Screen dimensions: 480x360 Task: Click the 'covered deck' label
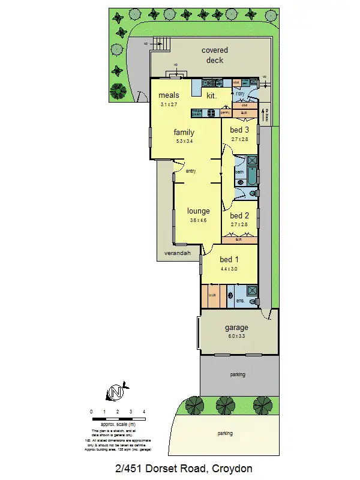click(214, 55)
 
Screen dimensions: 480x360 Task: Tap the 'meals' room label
click(169, 95)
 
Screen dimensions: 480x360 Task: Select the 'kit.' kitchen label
click(212, 95)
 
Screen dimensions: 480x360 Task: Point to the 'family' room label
click(184, 132)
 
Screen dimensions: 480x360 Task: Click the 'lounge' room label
click(198, 211)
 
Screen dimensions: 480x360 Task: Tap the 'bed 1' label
click(229, 259)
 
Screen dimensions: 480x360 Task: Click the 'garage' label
click(236, 328)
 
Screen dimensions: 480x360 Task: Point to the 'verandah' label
click(178, 254)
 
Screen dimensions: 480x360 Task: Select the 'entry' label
click(191, 171)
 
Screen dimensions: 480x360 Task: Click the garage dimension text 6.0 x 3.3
click(236, 337)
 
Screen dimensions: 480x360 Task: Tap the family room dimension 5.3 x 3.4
click(184, 141)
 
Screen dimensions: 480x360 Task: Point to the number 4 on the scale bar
click(144, 412)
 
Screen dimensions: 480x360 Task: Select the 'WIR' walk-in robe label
click(212, 295)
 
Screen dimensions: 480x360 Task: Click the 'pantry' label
click(225, 112)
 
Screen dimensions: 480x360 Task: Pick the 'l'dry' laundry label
click(239, 94)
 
